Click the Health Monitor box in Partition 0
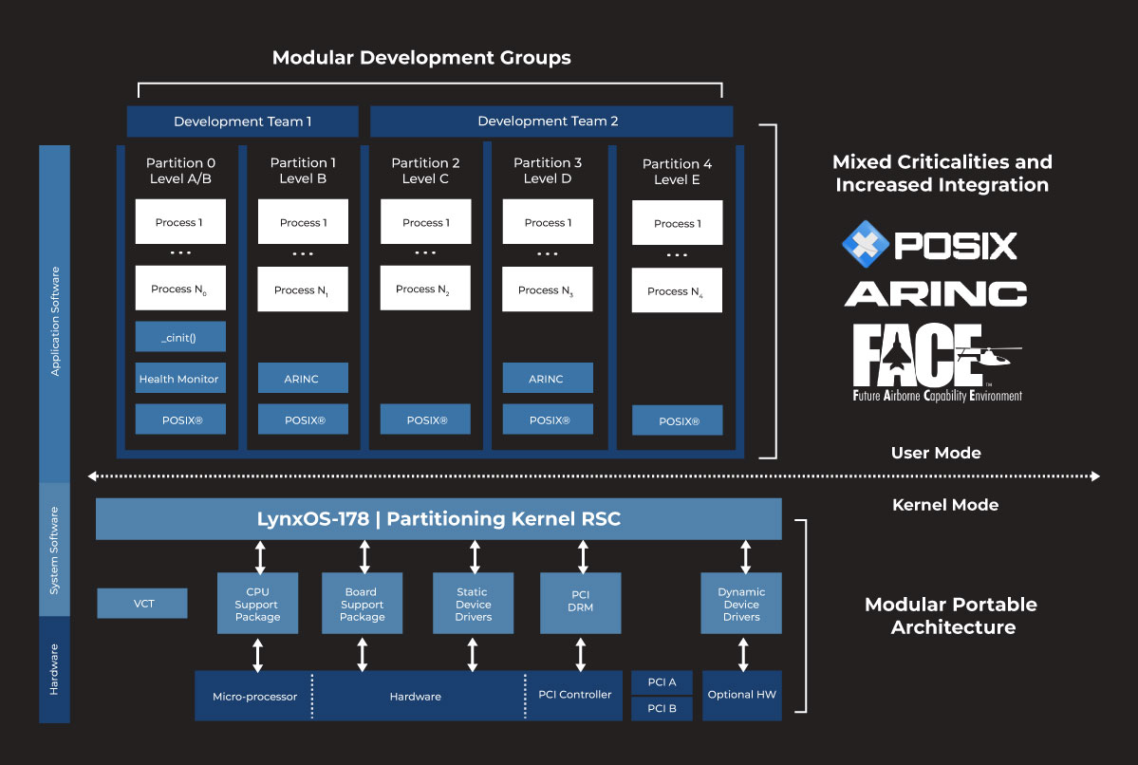[180, 379]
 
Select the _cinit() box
[180, 337]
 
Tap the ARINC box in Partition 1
[303, 378]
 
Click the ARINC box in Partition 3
[547, 378]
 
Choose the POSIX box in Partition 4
[677, 420]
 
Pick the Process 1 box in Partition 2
[425, 222]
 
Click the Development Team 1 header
[242, 121]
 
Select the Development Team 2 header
[550, 121]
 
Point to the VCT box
[142, 603]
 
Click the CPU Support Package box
[257, 604]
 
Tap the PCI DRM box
[580, 603]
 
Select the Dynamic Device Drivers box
[741, 604]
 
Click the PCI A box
[662, 682]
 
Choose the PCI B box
[662, 708]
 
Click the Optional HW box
[741, 695]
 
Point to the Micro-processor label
[254, 696]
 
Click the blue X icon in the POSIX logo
[865, 245]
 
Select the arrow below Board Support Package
[362, 654]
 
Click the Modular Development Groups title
[421, 58]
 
